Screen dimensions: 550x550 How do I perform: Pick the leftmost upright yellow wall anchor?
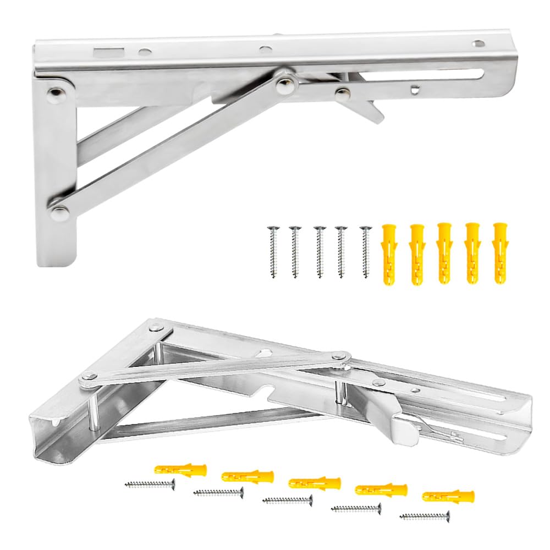point(389,253)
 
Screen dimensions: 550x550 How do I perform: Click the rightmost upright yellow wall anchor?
point(499,253)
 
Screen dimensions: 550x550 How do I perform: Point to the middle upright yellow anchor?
point(444,253)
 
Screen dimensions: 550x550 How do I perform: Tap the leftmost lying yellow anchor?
point(180,469)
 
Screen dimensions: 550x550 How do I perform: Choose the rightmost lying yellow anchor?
point(448,496)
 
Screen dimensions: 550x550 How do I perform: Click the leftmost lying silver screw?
point(150,484)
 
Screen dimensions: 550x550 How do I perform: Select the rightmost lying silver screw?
point(425,516)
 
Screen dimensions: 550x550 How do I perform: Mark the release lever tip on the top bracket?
point(375,116)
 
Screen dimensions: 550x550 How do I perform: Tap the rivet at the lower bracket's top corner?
point(156,328)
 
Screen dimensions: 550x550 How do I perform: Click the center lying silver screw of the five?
point(287,500)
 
